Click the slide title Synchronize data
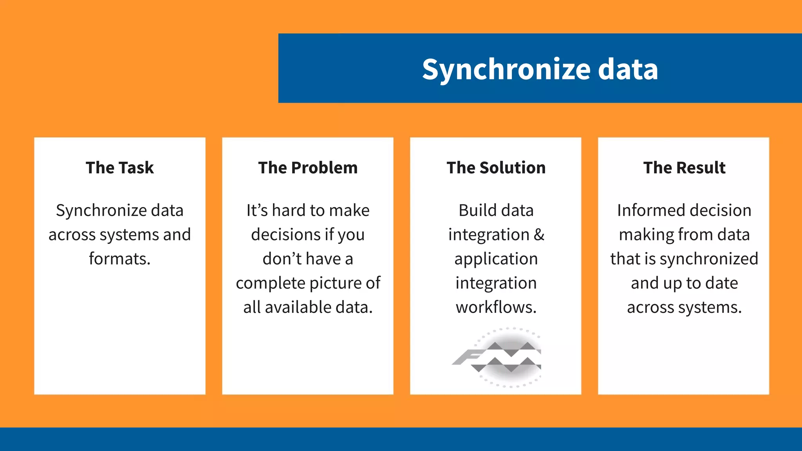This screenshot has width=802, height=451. coord(540,69)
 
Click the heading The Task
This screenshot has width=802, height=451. coord(120,168)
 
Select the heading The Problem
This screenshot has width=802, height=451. coord(308,168)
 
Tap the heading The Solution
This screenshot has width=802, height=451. coord(496,168)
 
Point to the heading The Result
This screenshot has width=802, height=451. coord(684,168)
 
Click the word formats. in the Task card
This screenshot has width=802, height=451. coord(120,259)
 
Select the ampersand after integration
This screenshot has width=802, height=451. coord(539,235)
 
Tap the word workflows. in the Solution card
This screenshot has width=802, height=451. coord(496,307)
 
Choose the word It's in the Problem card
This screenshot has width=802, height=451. coord(257,210)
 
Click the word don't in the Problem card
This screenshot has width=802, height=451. coord(282,259)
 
